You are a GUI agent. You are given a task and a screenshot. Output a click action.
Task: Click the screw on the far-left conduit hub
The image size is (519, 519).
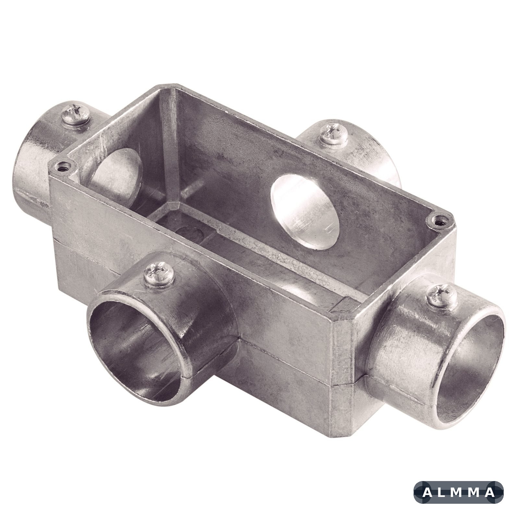[x=76, y=115]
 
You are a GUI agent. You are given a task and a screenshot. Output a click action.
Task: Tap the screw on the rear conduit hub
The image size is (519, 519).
[x=333, y=134]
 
